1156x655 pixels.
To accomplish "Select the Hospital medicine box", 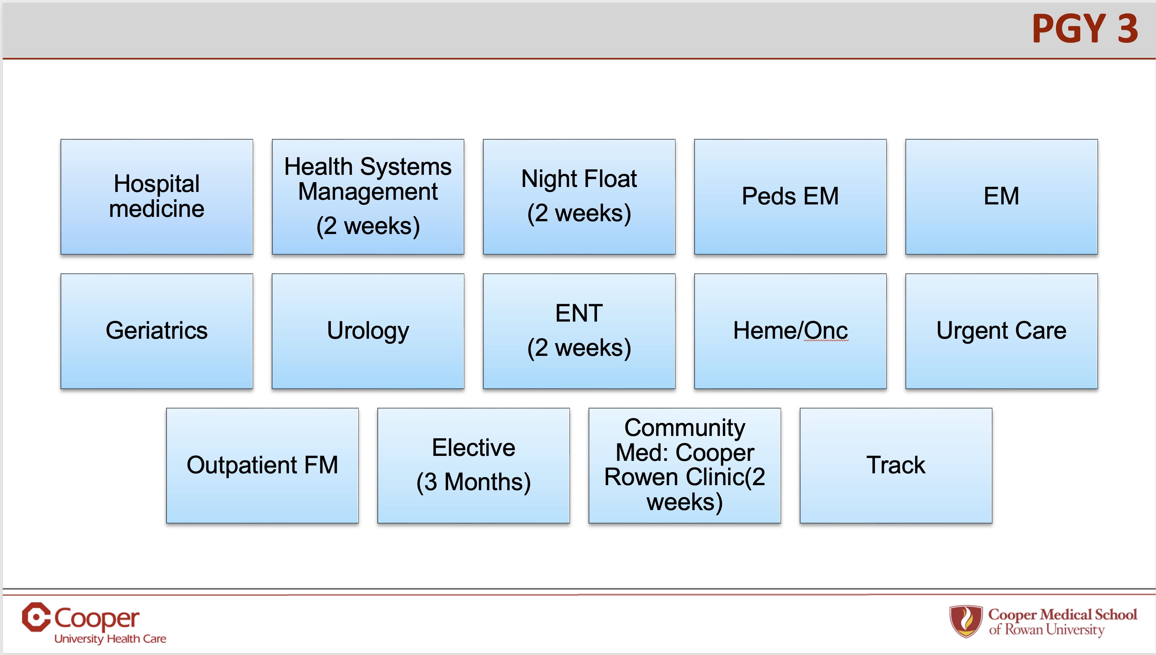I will tap(156, 197).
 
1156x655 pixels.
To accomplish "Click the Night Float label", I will tap(579, 179).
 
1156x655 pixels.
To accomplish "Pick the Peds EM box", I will tap(790, 197).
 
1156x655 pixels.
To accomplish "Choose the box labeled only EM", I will tap(1001, 197).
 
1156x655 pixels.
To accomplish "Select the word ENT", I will tap(579, 313).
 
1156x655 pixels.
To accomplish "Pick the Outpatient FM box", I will tap(262, 465).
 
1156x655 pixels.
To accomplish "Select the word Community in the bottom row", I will tap(684, 428).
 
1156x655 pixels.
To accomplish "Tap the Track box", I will tap(896, 465).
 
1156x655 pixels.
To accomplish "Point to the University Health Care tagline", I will tap(110, 639).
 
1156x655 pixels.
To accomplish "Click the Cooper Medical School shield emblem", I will tap(965, 621).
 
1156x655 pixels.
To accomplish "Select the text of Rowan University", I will tap(1046, 630).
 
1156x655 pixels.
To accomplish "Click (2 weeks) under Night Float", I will tap(579, 213).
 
